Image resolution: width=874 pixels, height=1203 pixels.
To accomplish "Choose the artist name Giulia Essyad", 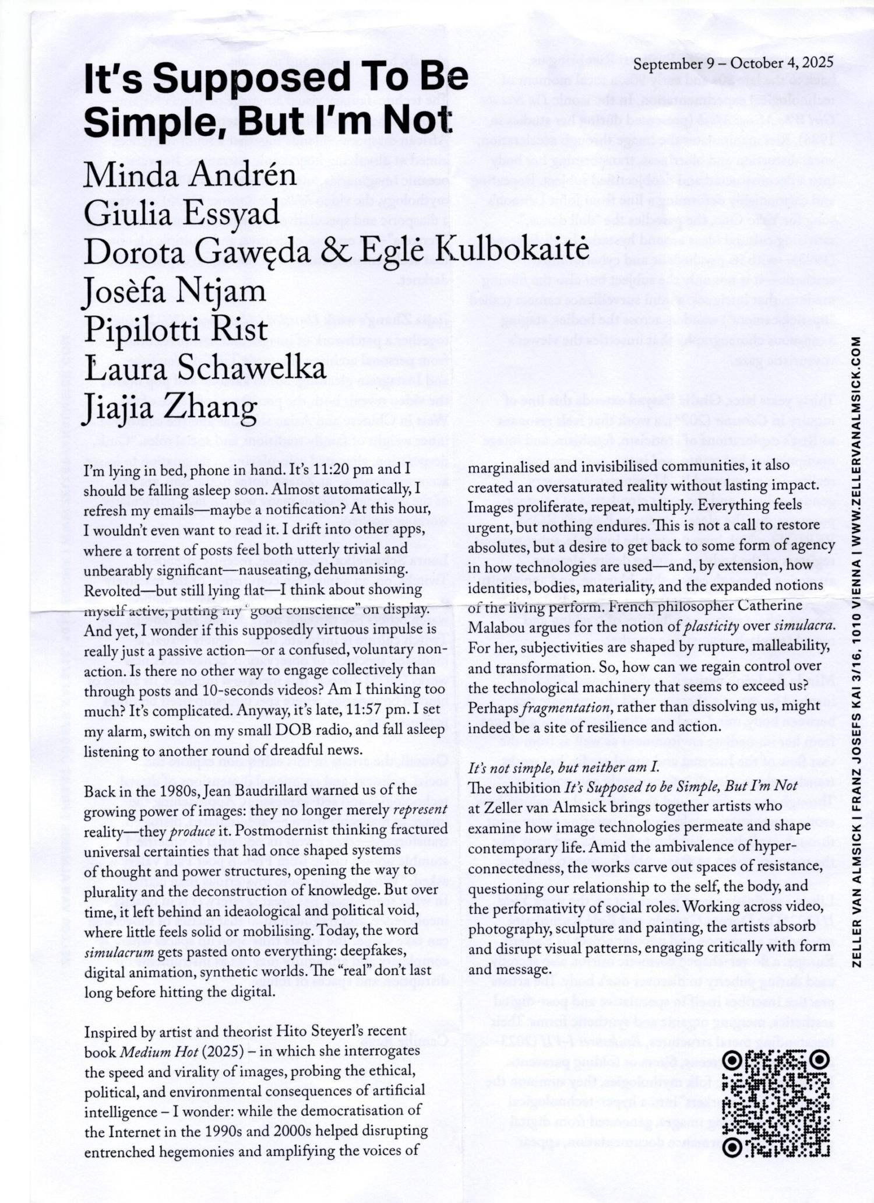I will pos(182,213).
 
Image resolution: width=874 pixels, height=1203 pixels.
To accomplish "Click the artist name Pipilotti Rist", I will pos(176,329).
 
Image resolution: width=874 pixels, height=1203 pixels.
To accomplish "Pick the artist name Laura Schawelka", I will pos(205,368).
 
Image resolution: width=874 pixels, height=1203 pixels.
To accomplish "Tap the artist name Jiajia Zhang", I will pos(170,407).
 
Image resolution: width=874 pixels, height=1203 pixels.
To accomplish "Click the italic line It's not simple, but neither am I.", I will pos(563,767).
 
